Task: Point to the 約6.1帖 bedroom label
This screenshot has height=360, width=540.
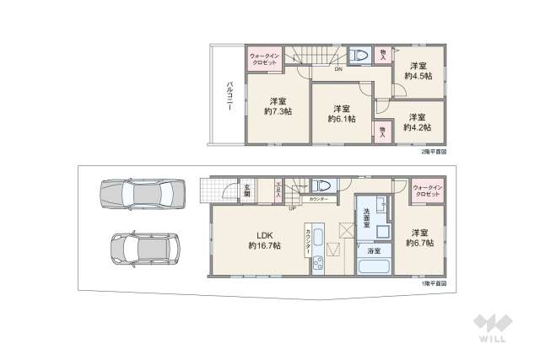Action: (x=341, y=114)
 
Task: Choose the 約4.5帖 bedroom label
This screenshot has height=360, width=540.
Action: (x=418, y=71)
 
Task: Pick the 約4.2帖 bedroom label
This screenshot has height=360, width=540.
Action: (x=417, y=122)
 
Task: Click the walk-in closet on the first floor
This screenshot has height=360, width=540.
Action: (x=427, y=191)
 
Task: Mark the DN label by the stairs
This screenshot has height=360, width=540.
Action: (x=337, y=70)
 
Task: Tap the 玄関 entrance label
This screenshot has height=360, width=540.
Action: (x=247, y=191)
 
